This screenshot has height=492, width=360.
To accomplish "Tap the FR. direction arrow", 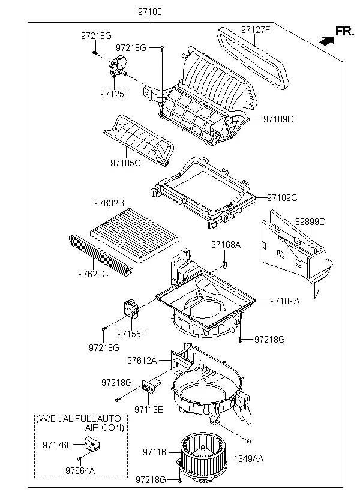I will click(x=326, y=41).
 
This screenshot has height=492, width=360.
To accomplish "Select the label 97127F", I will click(x=256, y=30).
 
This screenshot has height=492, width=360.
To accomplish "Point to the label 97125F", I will click(x=115, y=94).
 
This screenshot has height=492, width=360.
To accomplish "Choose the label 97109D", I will click(x=278, y=119).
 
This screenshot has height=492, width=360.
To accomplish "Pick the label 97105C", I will click(x=125, y=163).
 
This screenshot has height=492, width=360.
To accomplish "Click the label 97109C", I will click(x=282, y=197).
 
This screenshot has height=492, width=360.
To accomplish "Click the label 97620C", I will click(x=92, y=274).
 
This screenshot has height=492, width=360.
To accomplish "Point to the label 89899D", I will click(x=310, y=222).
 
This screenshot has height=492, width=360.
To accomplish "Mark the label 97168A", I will click(x=226, y=245).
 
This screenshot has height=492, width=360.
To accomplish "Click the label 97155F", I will click(x=132, y=334).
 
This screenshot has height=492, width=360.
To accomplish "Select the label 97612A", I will click(x=142, y=361).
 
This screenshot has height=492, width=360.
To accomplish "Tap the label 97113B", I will click(x=149, y=409).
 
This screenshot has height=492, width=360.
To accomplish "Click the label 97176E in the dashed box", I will click(x=57, y=445).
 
